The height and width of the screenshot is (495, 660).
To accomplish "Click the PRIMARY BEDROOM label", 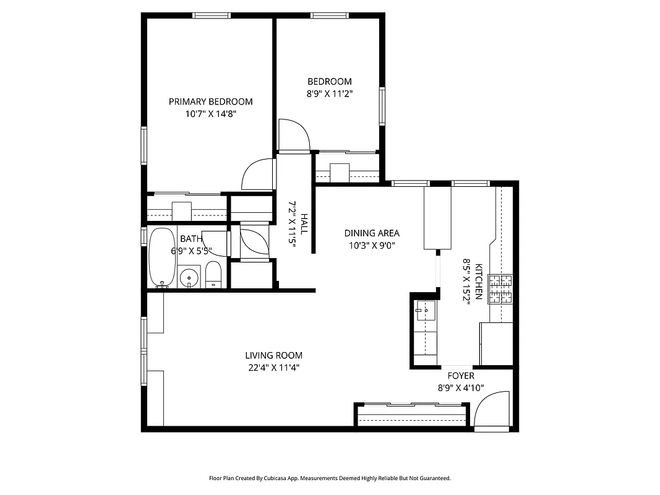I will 210,101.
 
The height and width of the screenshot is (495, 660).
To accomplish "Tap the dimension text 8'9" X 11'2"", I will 330,93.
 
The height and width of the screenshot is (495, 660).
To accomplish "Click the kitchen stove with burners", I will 501,289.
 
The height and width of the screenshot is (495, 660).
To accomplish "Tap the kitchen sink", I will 426,311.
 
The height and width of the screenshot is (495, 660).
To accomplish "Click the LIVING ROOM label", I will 273,355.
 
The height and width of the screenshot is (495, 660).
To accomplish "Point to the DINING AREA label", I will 372,233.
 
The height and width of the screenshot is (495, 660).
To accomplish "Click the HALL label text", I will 304,223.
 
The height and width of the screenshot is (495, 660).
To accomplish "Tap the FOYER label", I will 461,376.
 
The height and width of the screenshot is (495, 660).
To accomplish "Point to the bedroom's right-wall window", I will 382,106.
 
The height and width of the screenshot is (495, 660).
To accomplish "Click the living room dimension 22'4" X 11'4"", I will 273,368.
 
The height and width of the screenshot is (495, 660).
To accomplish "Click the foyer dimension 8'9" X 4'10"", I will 461,388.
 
